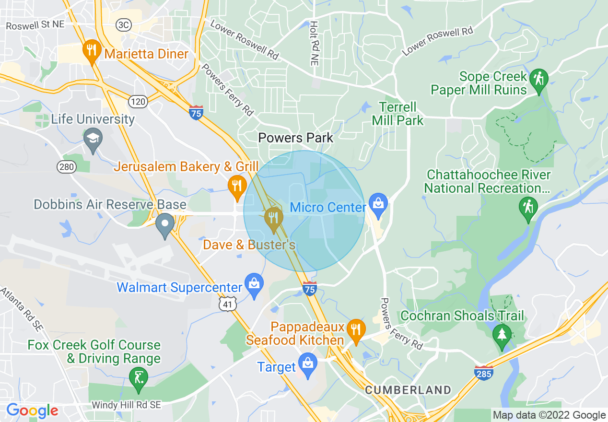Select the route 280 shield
click(67, 167)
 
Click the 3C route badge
click(123, 25)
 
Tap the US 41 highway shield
click(227, 304)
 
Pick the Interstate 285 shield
click(484, 373)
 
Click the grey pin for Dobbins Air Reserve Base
click(165, 224)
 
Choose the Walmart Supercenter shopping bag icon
click(254, 283)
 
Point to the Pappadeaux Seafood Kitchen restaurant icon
click(356, 330)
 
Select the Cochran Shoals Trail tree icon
click(502, 334)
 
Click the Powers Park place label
click(295, 138)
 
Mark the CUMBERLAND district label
click(408, 390)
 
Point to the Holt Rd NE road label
click(314, 44)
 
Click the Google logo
click(32, 411)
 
